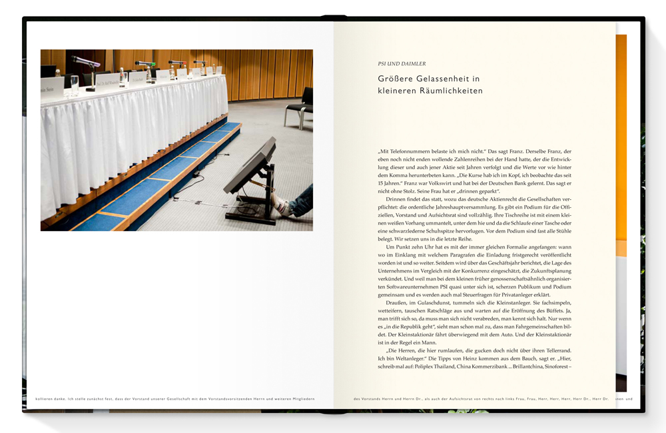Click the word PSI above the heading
383,64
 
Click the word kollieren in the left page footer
37,399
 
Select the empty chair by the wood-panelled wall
300,107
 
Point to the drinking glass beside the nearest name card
74,83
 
